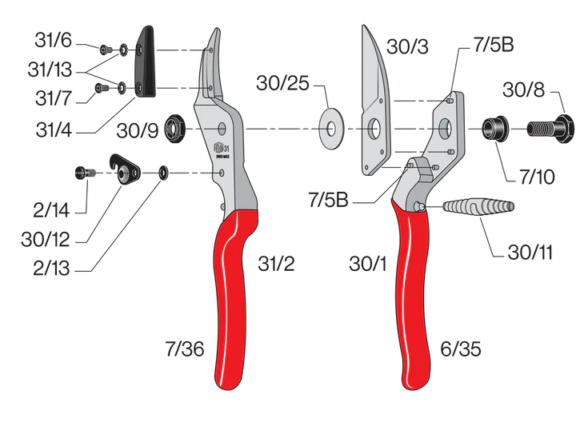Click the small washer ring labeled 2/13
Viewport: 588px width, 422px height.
(162, 172)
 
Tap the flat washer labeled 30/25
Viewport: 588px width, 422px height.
(330, 128)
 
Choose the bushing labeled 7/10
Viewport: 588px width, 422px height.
(490, 128)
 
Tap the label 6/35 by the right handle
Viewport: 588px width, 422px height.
(460, 348)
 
